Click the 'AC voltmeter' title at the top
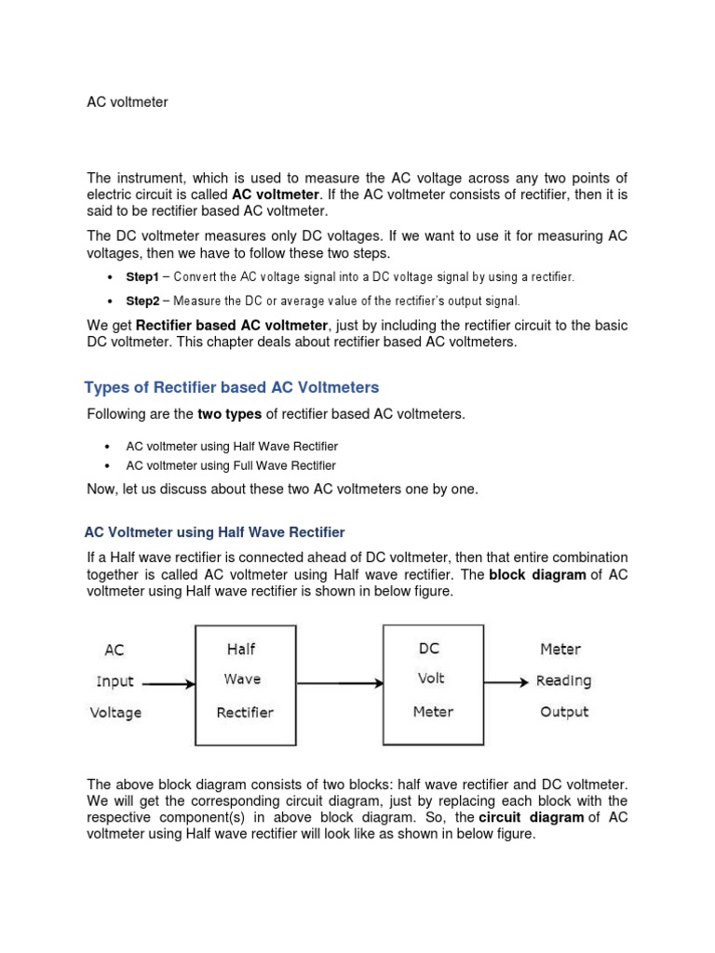point(128,102)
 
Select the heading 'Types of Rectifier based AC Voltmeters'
point(232,387)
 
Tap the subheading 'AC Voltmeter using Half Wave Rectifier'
point(214,532)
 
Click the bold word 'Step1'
point(143,277)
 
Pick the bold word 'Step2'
point(143,301)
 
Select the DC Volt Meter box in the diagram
point(433,682)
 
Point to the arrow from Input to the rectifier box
point(169,684)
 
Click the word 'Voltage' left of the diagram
point(116,713)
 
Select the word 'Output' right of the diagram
point(564,712)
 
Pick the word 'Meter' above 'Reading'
point(560,649)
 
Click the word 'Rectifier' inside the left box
point(245,713)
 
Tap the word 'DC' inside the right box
point(429,649)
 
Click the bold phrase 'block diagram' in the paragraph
point(537,574)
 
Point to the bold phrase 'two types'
point(230,414)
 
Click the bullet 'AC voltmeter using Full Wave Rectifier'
point(231,465)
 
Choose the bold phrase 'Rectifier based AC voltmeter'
point(232,325)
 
